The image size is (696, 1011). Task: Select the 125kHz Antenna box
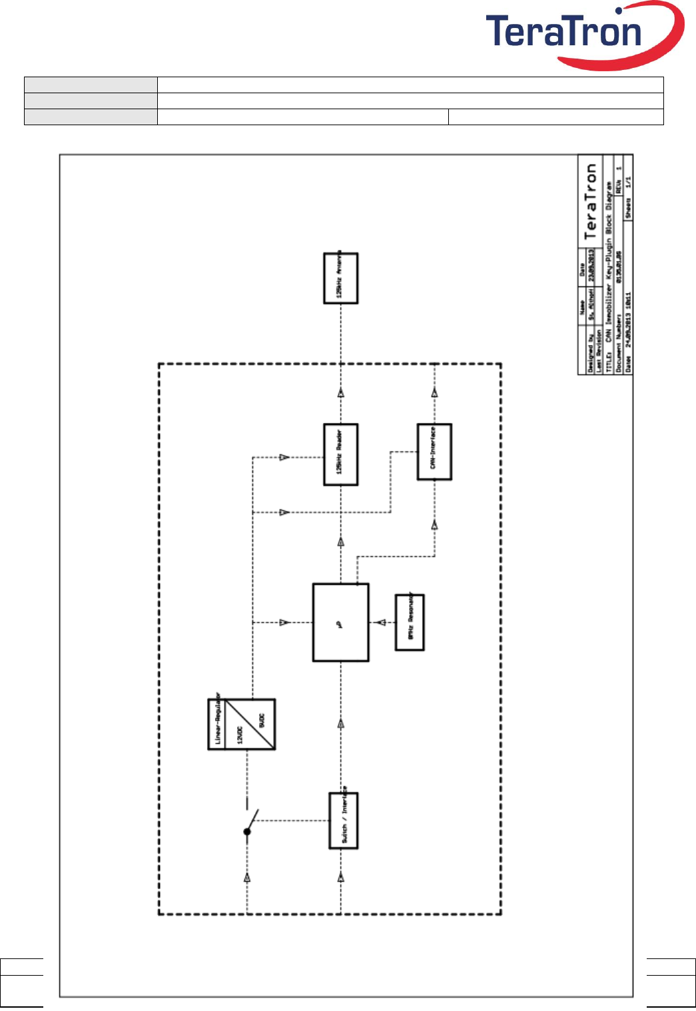click(340, 278)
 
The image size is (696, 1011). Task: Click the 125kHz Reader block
click(340, 454)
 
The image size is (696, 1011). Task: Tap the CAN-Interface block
click(434, 452)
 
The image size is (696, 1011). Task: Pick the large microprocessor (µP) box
click(340, 622)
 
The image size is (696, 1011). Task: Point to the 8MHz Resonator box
click(410, 622)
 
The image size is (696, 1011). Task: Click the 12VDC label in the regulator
click(240, 733)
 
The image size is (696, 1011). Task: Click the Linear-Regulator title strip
click(216, 724)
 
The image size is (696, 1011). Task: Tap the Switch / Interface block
click(344, 820)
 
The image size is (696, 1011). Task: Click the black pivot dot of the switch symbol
click(247, 832)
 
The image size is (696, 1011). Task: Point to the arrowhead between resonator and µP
click(381, 623)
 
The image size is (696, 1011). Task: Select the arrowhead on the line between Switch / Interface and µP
click(341, 724)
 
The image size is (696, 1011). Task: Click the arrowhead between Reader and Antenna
click(341, 394)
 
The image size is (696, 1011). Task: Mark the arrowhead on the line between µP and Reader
click(341, 542)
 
